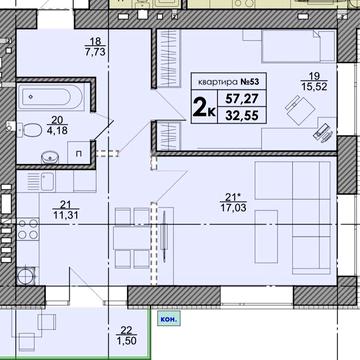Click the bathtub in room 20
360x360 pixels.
click(x=51, y=99)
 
